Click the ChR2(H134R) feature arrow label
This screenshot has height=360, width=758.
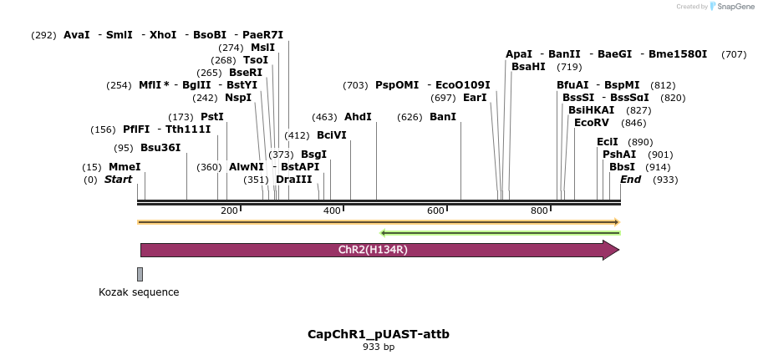tap(373, 250)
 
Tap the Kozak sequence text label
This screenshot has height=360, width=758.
tap(139, 292)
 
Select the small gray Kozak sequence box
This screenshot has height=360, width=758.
tap(140, 274)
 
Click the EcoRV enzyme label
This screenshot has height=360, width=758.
tap(592, 123)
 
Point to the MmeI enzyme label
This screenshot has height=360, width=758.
tap(125, 167)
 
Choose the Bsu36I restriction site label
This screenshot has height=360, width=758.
tap(160, 148)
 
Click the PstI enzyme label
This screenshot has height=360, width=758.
tap(212, 117)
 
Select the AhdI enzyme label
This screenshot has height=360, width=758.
tap(358, 117)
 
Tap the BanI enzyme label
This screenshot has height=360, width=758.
tap(443, 117)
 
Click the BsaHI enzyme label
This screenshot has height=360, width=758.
tap(528, 67)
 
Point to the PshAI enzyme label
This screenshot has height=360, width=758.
tap(619, 155)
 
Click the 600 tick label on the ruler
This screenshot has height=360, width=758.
tap(435, 210)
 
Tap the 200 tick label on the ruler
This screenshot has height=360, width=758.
tap(229, 210)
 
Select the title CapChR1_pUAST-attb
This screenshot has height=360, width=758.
tap(379, 334)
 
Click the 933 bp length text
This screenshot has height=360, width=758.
tap(379, 347)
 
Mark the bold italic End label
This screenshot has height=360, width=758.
tap(631, 180)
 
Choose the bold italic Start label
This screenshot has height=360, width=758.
tap(118, 180)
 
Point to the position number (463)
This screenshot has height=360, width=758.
tap(323, 117)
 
